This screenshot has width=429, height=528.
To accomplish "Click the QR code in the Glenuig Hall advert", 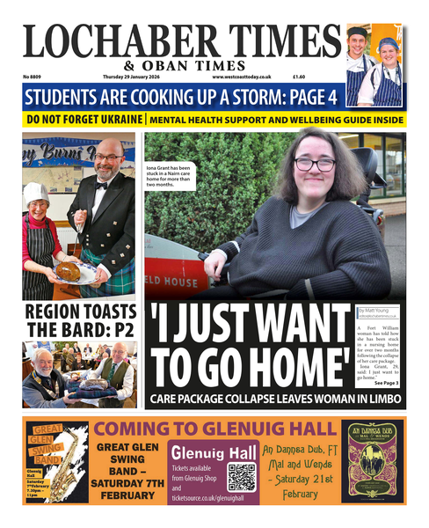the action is [x=241, y=476].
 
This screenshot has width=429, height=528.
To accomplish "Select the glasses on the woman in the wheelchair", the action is [x=315, y=165].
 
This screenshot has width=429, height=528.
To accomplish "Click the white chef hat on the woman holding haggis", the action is [x=38, y=194].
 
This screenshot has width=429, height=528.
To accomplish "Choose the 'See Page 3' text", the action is [x=385, y=383].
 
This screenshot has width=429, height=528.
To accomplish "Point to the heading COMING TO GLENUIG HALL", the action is [x=215, y=429].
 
